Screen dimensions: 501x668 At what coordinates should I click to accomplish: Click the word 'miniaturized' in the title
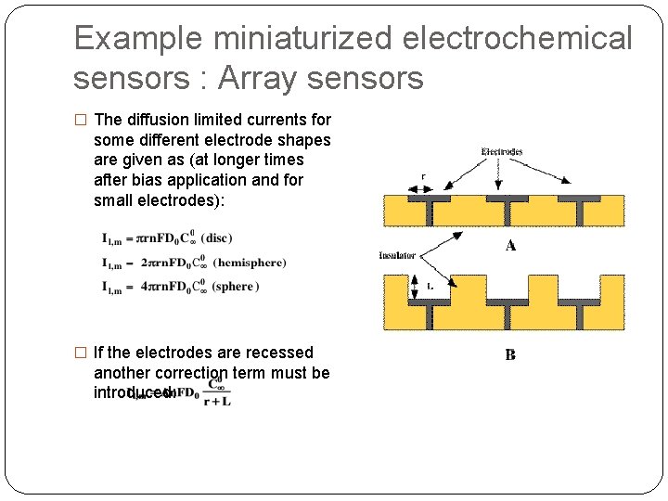coord(293,39)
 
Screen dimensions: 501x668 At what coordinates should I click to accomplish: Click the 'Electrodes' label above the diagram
coord(502,151)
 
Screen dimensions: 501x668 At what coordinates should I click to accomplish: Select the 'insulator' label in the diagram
coord(397,254)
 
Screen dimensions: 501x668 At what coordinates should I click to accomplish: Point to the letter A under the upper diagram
coord(509,245)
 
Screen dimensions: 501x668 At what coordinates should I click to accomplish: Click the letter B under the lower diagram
coord(510,354)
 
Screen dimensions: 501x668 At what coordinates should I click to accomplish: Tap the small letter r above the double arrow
coord(424,175)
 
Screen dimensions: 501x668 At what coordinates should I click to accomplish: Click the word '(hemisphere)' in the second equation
coord(249,263)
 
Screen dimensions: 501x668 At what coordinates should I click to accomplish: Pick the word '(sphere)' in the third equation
coord(233,287)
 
